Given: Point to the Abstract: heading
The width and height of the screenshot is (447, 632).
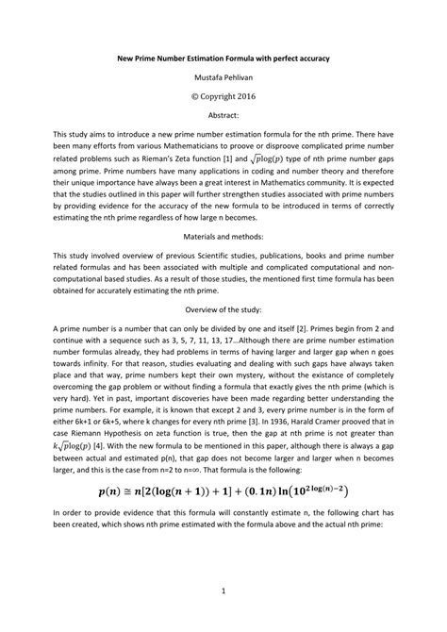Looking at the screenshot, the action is coord(223,111).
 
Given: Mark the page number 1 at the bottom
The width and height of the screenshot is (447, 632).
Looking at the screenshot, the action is coord(223,591).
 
